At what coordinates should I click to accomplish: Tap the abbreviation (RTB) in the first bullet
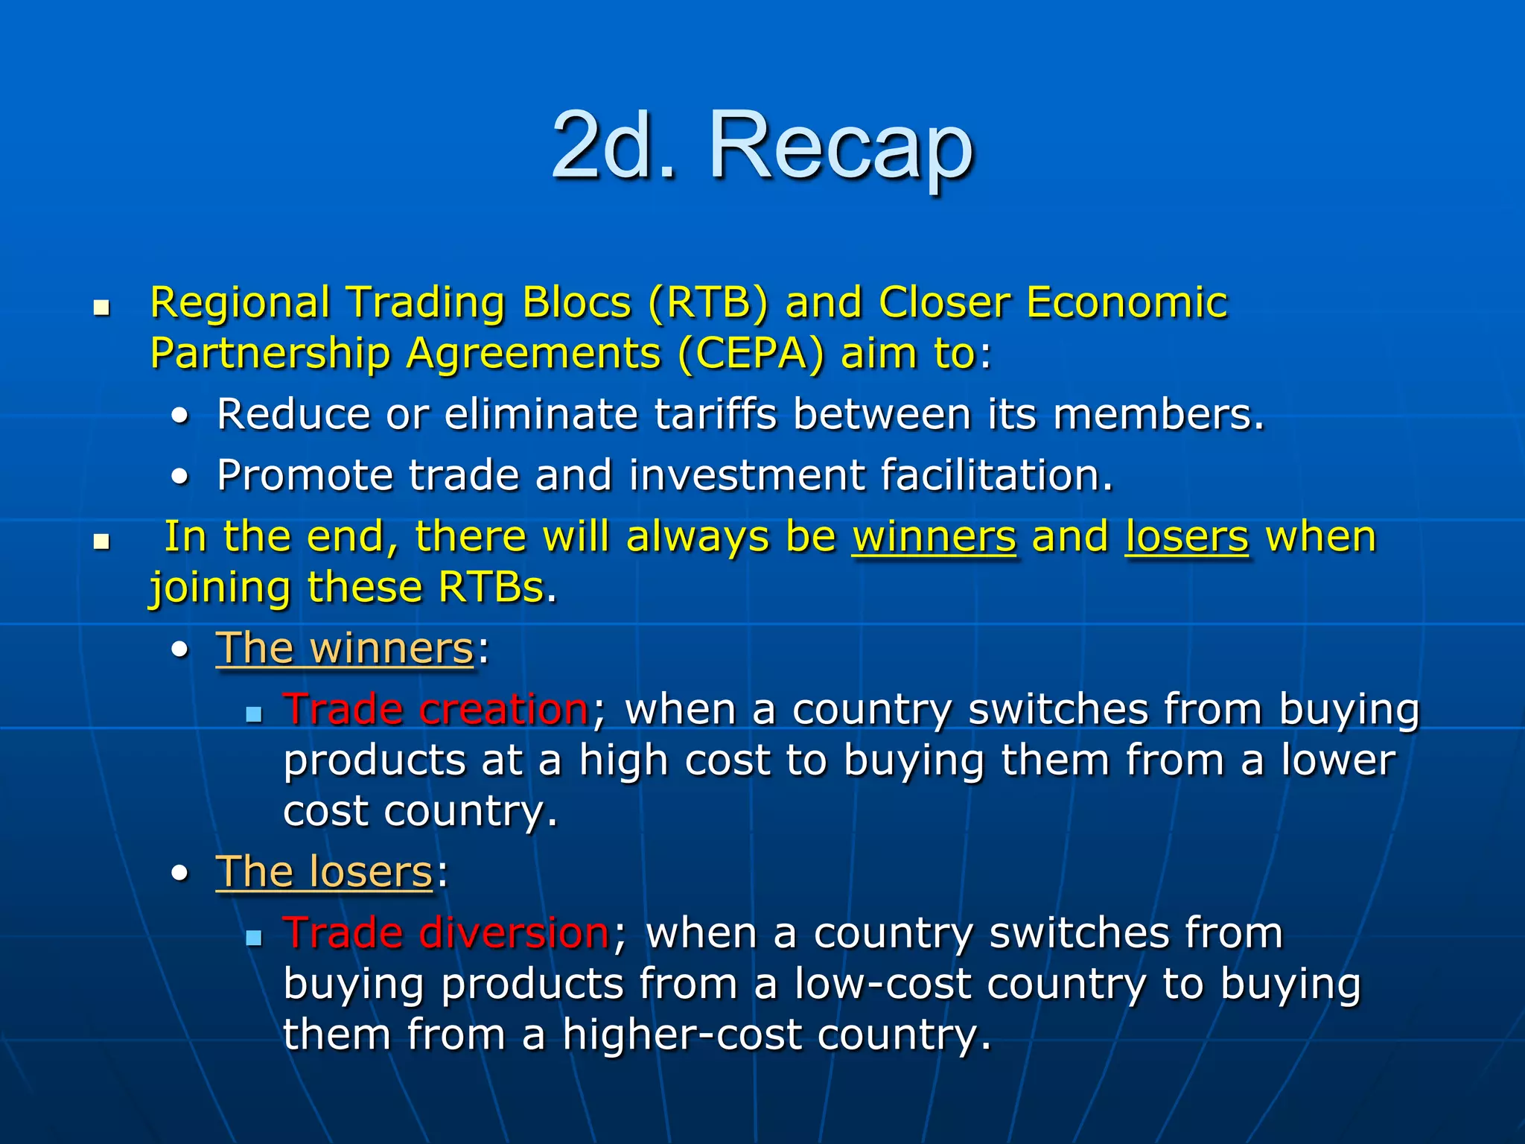tap(707, 303)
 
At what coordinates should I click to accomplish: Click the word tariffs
tap(716, 414)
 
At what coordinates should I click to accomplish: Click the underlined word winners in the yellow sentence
tap(934, 537)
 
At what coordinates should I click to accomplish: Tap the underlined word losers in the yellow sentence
tap(1186, 537)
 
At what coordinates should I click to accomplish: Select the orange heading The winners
tap(345, 649)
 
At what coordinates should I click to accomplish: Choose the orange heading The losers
tap(324, 872)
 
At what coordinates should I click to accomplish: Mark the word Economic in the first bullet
tap(1127, 303)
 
